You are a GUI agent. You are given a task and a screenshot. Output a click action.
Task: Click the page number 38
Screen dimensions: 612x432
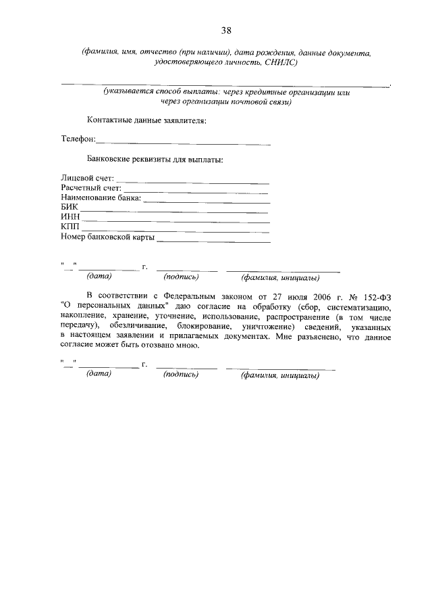click(226, 30)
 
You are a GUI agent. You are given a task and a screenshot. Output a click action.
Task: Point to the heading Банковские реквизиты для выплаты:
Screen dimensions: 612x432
click(155, 160)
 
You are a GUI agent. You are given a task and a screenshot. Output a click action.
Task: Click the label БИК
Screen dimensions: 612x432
click(70, 208)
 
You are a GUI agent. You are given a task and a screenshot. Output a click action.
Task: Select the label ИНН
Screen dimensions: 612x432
click(70, 217)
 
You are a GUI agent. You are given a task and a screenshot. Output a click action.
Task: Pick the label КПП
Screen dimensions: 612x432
click(70, 227)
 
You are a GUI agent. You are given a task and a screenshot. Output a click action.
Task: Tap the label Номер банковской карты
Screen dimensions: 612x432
click(108, 237)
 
